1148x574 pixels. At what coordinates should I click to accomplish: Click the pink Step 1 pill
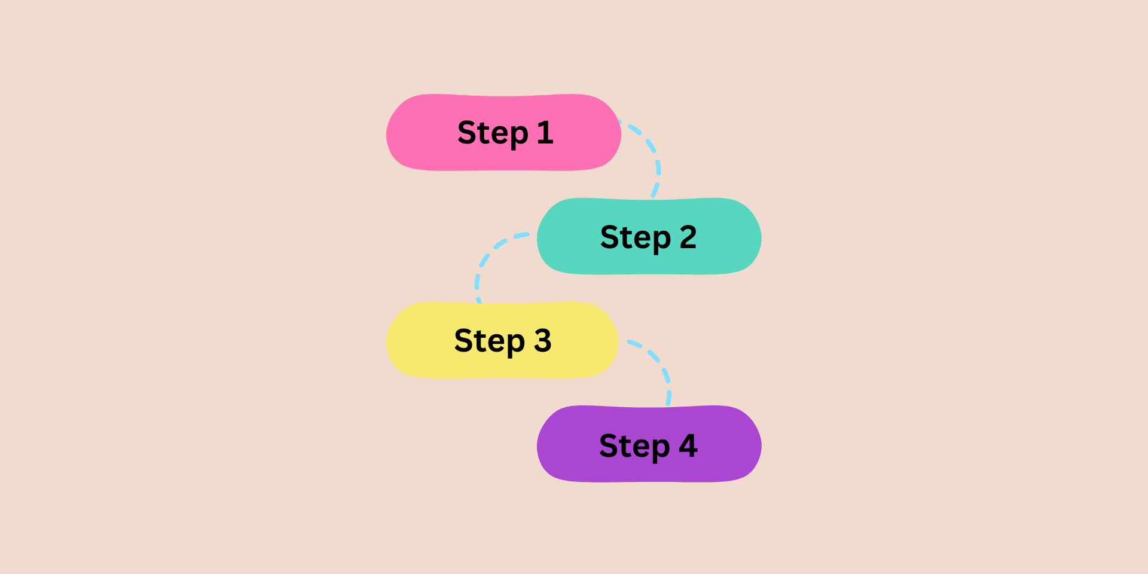coord(419,133)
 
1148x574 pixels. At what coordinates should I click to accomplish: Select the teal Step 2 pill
coord(568,237)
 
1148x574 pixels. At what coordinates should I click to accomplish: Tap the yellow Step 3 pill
coord(419,340)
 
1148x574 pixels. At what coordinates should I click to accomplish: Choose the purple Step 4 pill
coord(568,444)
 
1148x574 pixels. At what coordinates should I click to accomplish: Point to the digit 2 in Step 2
coord(688,237)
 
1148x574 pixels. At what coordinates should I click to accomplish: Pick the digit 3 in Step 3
coord(542,341)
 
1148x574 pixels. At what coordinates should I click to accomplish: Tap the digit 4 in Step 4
coord(688,445)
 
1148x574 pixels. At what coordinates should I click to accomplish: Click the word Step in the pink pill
coord(493,133)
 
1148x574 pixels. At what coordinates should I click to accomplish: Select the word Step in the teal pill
coord(635,238)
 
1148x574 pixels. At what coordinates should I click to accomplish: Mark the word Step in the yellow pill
coord(489,341)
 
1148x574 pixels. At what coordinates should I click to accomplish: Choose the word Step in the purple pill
coord(634,446)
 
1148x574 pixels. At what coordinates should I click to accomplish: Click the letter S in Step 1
coord(467,133)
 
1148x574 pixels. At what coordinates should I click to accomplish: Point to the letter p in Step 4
coord(659,449)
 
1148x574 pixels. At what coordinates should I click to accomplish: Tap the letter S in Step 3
coord(463,341)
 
